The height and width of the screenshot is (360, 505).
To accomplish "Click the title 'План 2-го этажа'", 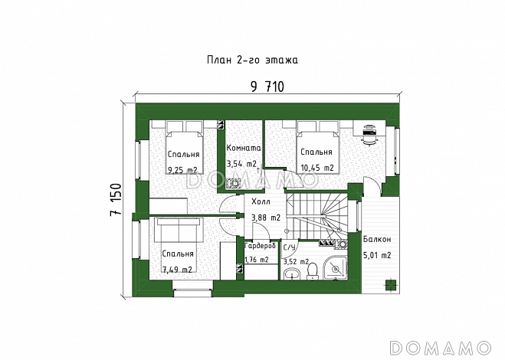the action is point(252,61).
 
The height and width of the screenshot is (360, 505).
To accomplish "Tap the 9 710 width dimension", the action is point(267,87).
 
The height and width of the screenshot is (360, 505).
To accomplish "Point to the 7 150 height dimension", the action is point(116,200).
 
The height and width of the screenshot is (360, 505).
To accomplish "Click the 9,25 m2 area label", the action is point(182,170).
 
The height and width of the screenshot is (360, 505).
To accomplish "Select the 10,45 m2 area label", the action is point(317,168).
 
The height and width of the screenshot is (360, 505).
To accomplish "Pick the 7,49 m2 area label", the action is point(178,270).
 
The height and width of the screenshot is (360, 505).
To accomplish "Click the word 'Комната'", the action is point(244,148).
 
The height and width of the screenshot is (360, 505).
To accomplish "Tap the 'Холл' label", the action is point(261,202).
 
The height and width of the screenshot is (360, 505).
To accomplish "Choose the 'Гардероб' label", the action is point(261,246).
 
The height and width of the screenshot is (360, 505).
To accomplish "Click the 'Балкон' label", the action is point(377,239).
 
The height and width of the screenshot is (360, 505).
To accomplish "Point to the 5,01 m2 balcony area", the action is point(377,255).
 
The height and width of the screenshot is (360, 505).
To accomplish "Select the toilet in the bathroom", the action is point(312,272).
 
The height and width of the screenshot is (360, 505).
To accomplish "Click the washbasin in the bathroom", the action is point(292,274).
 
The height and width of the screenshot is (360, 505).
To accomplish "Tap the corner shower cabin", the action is point(336,268).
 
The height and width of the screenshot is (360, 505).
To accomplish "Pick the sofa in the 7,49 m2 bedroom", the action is point(179,230).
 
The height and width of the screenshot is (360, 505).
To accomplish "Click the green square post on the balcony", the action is point(390,285).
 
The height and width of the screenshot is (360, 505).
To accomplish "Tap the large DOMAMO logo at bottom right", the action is point(441,349).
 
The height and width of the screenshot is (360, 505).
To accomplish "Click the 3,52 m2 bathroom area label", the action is point(297,262).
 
